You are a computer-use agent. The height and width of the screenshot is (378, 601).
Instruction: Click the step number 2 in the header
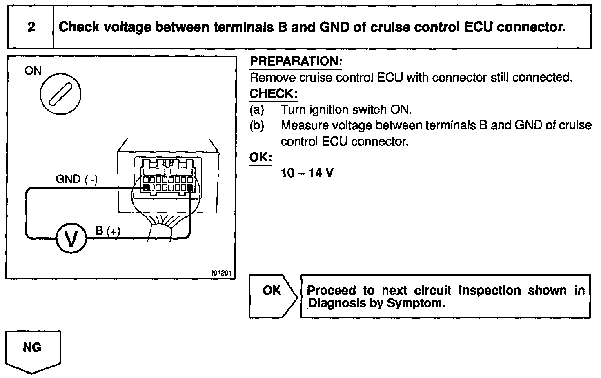point(31,27)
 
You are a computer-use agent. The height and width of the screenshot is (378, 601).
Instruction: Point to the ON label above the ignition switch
point(33,71)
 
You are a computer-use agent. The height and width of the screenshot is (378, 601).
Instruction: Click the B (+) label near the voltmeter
point(108,231)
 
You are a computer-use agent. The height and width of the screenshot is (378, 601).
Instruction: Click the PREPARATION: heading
point(296,62)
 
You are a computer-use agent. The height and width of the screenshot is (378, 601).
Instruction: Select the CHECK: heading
point(273,93)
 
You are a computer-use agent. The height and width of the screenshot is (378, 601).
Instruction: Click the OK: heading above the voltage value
point(260,157)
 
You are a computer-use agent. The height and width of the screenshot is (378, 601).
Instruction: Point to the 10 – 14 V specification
point(307,173)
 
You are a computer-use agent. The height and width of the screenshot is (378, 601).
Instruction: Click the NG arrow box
point(33,349)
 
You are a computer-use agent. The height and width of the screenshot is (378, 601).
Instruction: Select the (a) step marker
point(257,110)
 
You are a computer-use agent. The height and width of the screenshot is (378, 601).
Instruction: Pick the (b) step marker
point(257,125)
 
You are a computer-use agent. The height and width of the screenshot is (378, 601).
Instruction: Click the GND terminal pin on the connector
point(145,188)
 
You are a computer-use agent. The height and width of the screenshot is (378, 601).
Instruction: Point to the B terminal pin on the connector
point(190,188)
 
